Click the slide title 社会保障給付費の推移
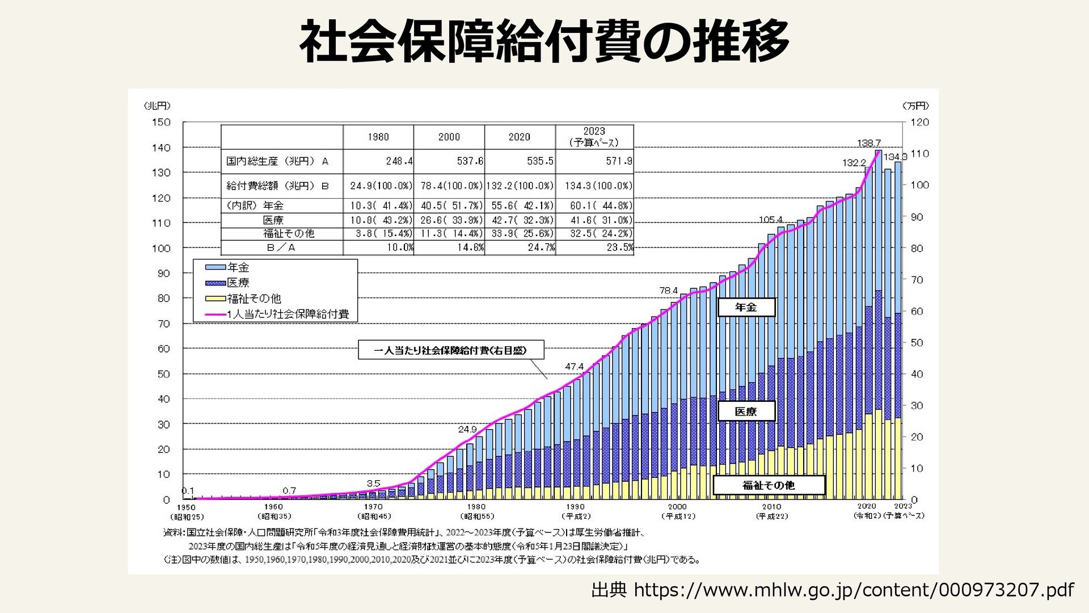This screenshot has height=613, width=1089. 543,41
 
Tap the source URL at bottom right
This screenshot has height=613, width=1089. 832,590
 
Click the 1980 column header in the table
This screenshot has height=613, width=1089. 378,137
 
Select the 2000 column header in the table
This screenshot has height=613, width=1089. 449,137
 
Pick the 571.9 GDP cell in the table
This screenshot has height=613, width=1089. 619,161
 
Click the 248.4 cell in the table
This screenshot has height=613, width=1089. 399,161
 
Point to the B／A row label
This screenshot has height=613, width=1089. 281,247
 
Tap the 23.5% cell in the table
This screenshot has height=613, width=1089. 619,247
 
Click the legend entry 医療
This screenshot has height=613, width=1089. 238,283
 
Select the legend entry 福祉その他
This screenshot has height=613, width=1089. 254,298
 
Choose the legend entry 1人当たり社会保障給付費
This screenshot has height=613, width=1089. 288,314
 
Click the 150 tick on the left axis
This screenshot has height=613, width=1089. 161,122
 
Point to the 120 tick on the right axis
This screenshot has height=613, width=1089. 919,122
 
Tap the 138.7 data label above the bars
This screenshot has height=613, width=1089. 868,143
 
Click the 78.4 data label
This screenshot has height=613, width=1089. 668,291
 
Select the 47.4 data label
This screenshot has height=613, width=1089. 574,367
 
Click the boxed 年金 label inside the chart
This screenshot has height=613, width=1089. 746,307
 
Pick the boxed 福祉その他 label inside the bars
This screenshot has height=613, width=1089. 769,485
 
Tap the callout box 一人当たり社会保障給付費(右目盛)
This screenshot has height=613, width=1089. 450,350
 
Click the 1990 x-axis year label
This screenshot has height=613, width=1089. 575,506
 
